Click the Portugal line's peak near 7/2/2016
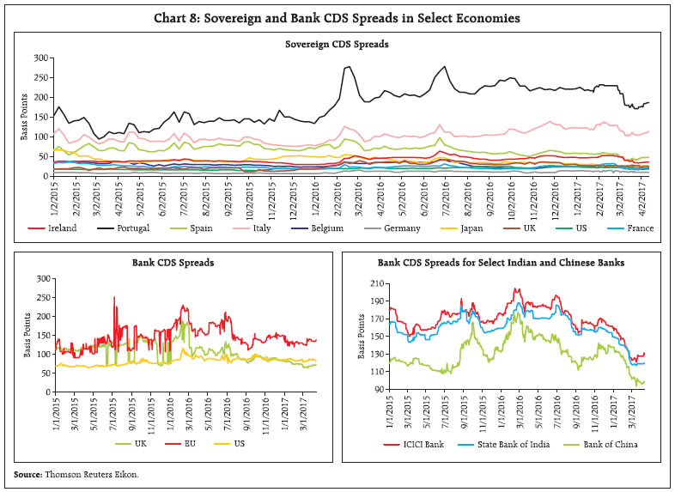point(444,67)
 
